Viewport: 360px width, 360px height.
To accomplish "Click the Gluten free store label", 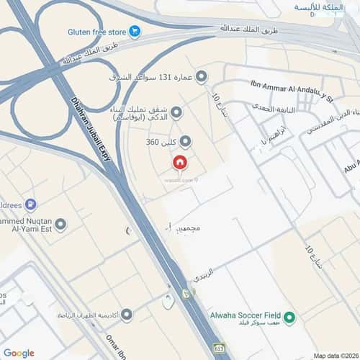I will pos(96,32).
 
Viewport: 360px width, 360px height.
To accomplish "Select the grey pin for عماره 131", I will pos(202,76).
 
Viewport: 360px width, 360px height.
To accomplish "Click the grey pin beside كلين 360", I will pos(185,142).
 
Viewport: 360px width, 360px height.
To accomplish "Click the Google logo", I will pos(19,353).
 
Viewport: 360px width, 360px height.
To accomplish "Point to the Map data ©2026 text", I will pos(335,355).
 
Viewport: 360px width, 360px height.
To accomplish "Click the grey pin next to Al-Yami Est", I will pos(60,225).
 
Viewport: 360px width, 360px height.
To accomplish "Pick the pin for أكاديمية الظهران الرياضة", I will pos(127,315).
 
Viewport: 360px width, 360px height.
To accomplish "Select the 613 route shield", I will pos(218,348).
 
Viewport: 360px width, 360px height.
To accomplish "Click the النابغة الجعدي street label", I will pos(267,107).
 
